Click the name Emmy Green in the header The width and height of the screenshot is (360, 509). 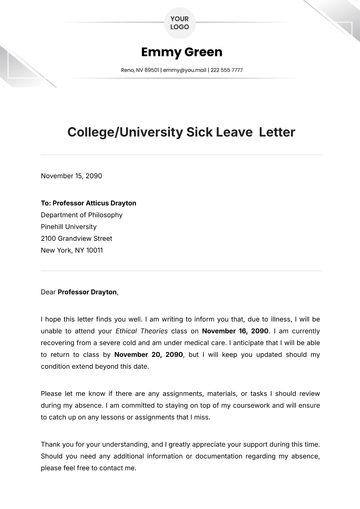pyautogui.click(x=180, y=52)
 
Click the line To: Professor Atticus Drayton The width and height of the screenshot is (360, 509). pyautogui.click(x=89, y=202)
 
